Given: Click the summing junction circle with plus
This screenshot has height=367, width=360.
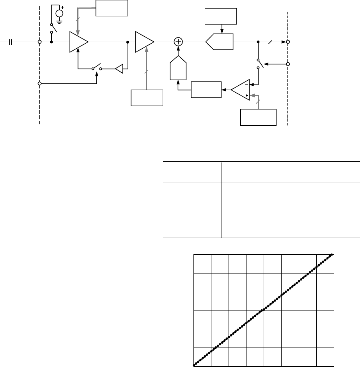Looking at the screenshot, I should (178, 42).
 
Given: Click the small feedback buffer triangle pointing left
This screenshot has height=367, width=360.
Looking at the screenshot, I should (119, 69).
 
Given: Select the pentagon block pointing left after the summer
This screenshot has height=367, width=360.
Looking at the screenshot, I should (219, 42).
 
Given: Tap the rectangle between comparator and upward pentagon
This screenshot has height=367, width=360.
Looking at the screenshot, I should (206, 90).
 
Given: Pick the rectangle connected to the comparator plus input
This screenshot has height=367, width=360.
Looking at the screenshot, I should (259, 117).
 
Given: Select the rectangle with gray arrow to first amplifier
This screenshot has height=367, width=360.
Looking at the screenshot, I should (112, 8).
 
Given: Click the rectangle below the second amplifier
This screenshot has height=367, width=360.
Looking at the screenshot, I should (147, 97).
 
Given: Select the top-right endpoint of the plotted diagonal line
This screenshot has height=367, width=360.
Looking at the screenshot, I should (332, 254).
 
